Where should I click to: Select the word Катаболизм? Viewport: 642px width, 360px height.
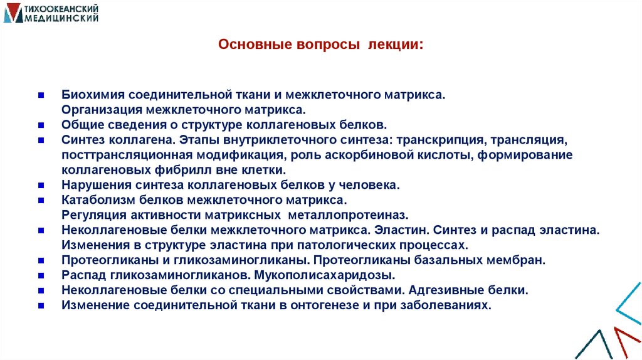pos(95,200)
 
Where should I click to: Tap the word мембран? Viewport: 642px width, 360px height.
pos(518,260)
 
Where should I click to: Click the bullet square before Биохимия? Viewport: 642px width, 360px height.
pos(40,95)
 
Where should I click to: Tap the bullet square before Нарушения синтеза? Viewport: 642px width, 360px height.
pos(40,185)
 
